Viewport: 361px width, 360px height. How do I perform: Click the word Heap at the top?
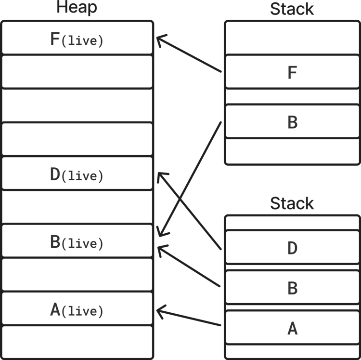click(x=77, y=8)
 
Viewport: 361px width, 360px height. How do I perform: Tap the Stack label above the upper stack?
click(x=292, y=9)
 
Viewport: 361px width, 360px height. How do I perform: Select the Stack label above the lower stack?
click(x=292, y=203)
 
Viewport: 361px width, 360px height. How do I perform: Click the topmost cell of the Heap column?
click(x=77, y=37)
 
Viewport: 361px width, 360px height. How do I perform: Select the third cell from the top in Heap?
click(x=77, y=105)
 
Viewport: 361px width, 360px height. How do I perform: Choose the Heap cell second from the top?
click(x=77, y=71)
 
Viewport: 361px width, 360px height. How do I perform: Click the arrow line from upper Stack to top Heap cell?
click(x=190, y=55)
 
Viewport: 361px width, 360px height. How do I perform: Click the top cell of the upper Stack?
click(x=292, y=37)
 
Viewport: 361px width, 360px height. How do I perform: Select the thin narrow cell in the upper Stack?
click(x=292, y=96)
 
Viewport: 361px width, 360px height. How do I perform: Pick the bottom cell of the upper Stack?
click(x=292, y=151)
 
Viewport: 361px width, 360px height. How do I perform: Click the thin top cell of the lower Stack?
click(x=292, y=222)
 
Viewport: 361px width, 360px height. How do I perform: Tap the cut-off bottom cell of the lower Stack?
click(x=292, y=351)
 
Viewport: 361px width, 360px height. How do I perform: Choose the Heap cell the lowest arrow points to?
click(x=77, y=308)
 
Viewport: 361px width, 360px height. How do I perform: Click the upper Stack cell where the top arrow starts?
click(x=292, y=71)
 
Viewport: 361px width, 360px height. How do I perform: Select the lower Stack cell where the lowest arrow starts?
click(x=292, y=326)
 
